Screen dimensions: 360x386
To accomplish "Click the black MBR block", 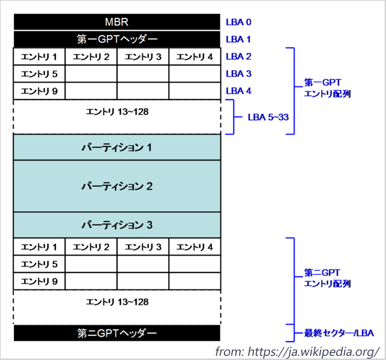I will tap(116, 22).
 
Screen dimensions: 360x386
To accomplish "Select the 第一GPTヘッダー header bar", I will tap(116, 40).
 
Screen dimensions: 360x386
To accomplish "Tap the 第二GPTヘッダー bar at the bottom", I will tap(116, 333).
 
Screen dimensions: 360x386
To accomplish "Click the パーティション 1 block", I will tap(116, 147).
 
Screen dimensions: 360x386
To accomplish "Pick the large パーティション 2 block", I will tap(116, 186).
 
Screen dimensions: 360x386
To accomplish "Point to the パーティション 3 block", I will tap(116, 225).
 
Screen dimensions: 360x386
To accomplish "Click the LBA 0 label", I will tap(238, 22).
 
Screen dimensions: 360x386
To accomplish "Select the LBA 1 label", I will tap(238, 40).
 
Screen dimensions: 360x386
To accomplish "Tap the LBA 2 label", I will tap(238, 57).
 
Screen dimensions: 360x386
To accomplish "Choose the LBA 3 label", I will tap(238, 74).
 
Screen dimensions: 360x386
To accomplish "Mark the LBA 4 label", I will tap(238, 91).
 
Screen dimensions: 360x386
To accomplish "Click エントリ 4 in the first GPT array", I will tap(195, 57).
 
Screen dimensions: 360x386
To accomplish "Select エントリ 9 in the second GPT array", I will tap(39, 281).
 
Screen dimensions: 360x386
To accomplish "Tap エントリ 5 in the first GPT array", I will tap(39, 74).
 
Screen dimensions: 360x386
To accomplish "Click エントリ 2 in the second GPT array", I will tap(91, 247).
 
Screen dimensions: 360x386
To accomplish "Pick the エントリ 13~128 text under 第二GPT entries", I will tap(116, 302).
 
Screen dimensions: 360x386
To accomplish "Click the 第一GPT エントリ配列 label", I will tap(327, 88).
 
